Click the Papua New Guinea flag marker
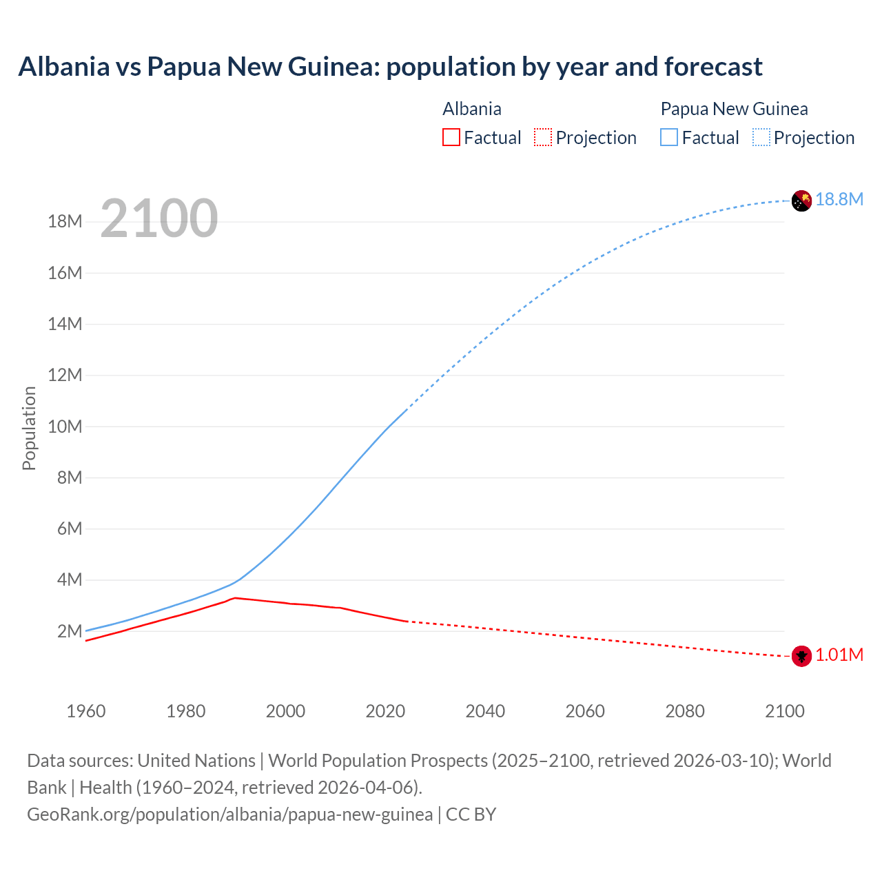click(801, 201)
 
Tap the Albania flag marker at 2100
click(801, 656)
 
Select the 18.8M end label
click(839, 199)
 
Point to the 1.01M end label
click(839, 655)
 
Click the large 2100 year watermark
click(159, 218)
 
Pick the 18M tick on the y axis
click(65, 221)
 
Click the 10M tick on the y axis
click(65, 427)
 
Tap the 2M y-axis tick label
click(69, 631)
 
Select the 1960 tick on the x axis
click(86, 711)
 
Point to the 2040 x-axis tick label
click(485, 711)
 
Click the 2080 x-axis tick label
click(685, 711)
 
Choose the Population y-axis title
click(29, 428)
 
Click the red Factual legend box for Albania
click(451, 137)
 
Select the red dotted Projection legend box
click(543, 137)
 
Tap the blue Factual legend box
click(669, 137)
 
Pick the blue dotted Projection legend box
click(761, 137)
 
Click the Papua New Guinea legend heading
click(734, 109)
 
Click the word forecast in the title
click(713, 67)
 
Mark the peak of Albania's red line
click(235, 597)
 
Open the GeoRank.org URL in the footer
click(229, 814)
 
